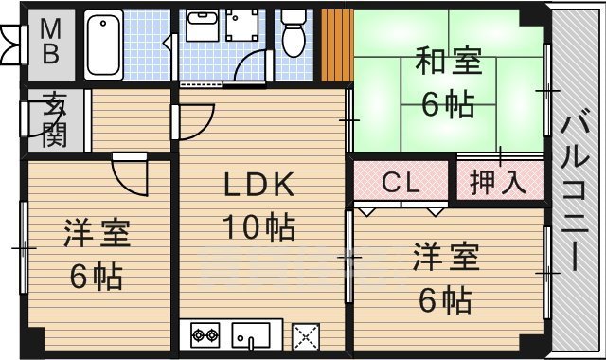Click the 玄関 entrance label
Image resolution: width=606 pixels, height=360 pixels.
tap(53, 119)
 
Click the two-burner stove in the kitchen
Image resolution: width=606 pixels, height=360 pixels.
tap(205, 333)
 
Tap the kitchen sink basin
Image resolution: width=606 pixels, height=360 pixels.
tap(253, 334)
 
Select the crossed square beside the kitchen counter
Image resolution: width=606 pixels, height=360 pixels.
tap(305, 335)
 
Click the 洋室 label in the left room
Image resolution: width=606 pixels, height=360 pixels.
tap(97, 232)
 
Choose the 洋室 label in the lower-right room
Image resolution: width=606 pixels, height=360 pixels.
tap(445, 257)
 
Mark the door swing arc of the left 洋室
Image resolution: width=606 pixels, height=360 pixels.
tap(130, 175)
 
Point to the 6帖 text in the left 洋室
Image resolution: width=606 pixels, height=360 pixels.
tap(97, 277)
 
